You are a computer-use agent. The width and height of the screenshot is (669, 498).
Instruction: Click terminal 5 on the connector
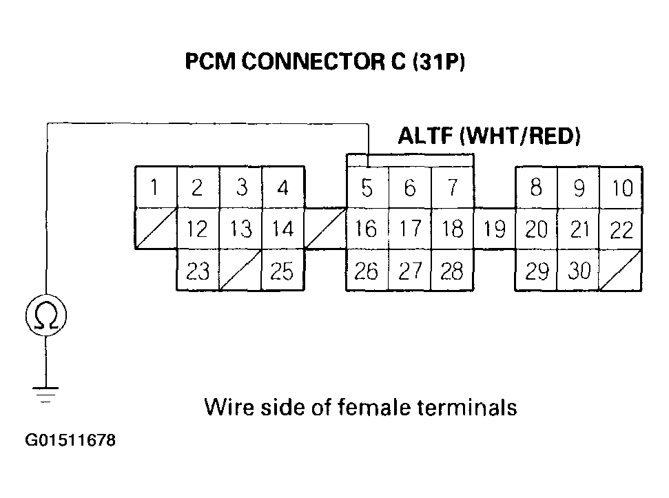[367, 187]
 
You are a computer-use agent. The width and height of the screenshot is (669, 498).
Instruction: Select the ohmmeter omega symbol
[45, 316]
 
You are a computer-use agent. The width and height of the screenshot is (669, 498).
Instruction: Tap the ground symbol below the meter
[45, 394]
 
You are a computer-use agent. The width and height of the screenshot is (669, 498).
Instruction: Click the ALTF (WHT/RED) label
[489, 136]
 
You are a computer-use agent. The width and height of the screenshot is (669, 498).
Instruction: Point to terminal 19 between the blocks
[494, 229]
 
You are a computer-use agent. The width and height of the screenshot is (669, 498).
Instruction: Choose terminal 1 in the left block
[156, 187]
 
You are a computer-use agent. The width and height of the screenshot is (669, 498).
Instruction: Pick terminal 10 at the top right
[622, 187]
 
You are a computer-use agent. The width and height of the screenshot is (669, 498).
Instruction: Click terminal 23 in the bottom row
[198, 271]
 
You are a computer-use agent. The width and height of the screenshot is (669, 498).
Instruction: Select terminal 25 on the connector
[282, 271]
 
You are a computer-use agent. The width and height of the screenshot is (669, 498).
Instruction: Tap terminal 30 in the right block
[579, 271]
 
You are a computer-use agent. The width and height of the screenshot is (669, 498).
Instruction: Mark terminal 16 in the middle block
[367, 229]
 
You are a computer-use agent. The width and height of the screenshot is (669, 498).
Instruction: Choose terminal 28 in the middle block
[452, 271]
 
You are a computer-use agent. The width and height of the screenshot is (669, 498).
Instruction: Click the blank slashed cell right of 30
[621, 271]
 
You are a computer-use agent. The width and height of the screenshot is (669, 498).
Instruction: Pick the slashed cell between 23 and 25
[240, 271]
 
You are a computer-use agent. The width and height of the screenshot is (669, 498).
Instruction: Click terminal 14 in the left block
[282, 229]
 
